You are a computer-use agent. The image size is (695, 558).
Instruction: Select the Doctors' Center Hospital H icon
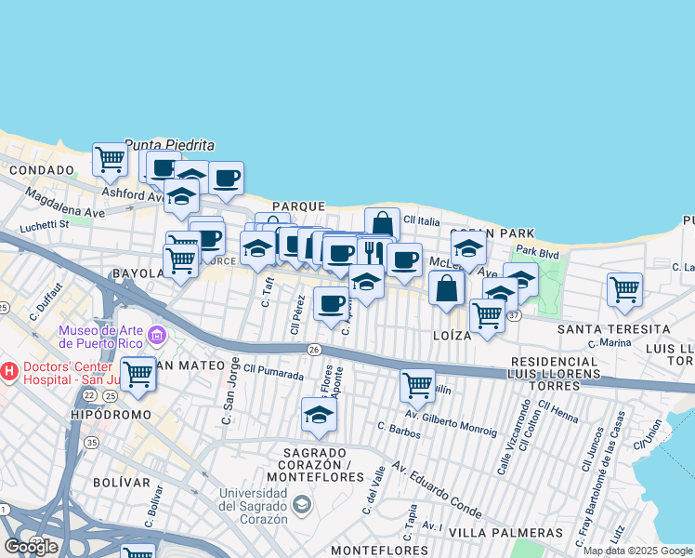point(9,371)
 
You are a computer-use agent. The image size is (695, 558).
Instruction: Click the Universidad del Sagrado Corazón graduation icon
point(301,504)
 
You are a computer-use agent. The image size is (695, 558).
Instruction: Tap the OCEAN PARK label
point(492,232)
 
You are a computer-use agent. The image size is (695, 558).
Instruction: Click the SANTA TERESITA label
point(613,329)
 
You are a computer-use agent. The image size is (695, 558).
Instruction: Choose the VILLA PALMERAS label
point(505,533)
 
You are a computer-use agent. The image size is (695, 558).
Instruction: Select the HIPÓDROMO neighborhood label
point(110,413)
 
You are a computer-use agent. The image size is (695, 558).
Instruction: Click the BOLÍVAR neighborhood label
point(122,483)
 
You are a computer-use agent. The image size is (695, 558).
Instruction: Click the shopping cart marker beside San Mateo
point(138,373)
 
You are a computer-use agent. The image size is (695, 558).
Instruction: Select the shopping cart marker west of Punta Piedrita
point(110,158)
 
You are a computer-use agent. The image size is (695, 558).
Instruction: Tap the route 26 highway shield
point(315,349)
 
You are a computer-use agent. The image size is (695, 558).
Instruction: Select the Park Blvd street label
point(538,251)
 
